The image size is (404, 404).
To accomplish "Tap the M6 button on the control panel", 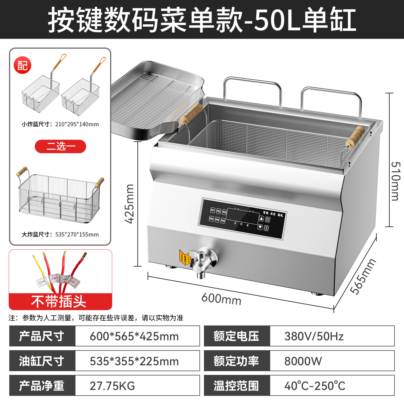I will [x=223, y=221].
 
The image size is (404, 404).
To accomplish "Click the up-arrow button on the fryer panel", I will [x=261, y=219].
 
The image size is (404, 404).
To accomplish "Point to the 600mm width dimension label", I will [x=221, y=299].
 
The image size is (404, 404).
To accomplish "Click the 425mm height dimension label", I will [x=130, y=204].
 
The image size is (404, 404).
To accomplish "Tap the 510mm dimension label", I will [x=395, y=181].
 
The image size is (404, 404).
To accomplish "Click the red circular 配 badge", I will [x=22, y=66].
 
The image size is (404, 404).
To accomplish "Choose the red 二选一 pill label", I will [x=60, y=146].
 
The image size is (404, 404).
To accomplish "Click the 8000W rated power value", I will [x=303, y=361].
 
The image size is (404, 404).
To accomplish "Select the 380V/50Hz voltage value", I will [x=314, y=336].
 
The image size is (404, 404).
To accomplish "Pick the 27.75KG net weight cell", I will [x=112, y=386].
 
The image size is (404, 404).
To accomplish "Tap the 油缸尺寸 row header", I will [x=42, y=361].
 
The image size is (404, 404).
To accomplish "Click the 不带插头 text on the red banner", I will [x=59, y=302].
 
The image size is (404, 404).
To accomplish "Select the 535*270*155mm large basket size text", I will [x=77, y=235].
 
